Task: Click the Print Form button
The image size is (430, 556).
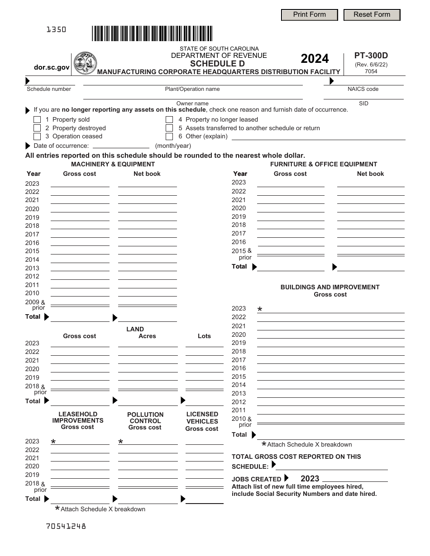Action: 309,15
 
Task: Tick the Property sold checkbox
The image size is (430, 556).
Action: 37,120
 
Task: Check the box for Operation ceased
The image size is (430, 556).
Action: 37,137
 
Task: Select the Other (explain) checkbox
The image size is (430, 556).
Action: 169,137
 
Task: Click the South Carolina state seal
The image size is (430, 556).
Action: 85,63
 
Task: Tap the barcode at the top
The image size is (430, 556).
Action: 152,34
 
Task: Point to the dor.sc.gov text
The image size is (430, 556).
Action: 52,67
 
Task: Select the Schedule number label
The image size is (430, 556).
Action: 49,89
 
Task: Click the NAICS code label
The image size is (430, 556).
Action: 363,89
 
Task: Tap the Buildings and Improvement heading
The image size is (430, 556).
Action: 330,287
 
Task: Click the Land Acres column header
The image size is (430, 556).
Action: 147,336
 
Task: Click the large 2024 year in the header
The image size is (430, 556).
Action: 315,59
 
